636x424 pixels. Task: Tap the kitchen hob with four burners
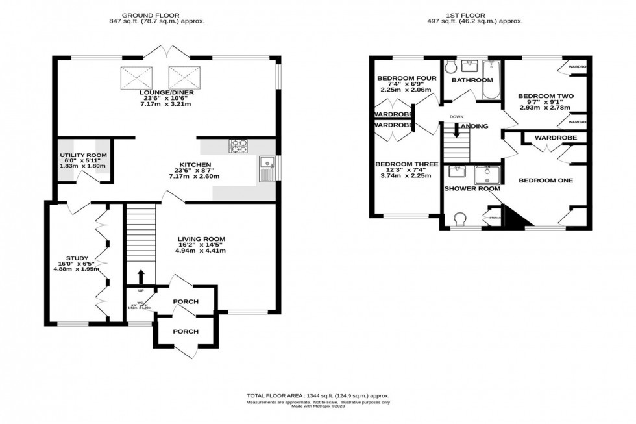pyautogui.click(x=238, y=147)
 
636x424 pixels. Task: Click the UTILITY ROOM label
pyautogui.click(x=82, y=156)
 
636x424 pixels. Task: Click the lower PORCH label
pyautogui.click(x=186, y=331)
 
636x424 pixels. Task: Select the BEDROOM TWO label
pyautogui.click(x=546, y=96)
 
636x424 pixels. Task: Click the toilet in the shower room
pyautogui.click(x=461, y=218)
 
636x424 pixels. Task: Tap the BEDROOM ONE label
pyautogui.click(x=545, y=180)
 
